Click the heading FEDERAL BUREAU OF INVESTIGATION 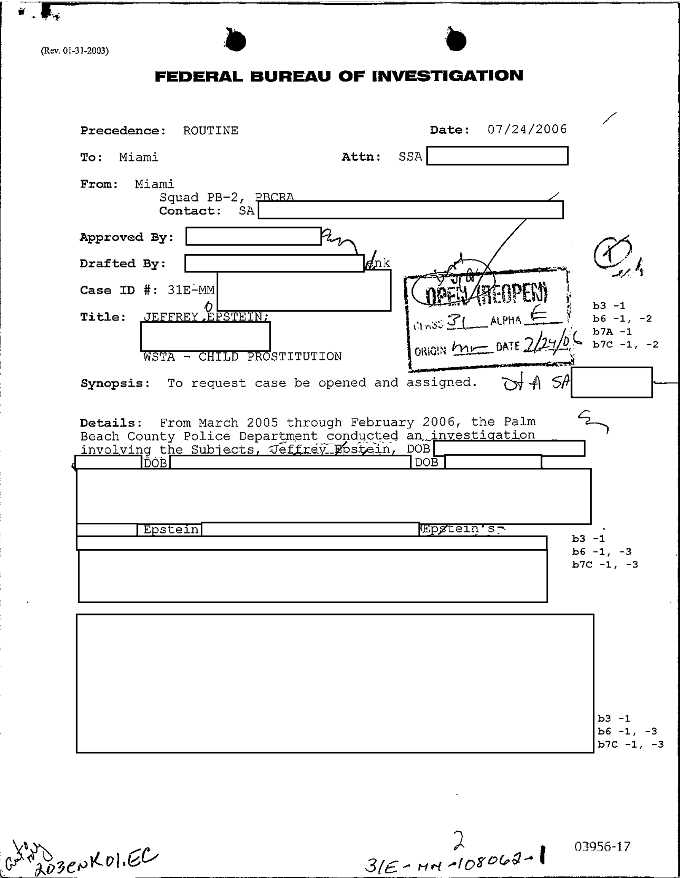[x=339, y=76]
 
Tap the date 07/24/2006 [x=527, y=130]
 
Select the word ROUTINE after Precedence [x=210, y=131]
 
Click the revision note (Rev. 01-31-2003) [x=74, y=51]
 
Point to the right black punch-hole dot [x=456, y=41]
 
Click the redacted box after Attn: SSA [x=497, y=156]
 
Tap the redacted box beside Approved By [x=253, y=236]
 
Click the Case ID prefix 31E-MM [x=191, y=290]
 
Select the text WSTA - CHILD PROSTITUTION [x=242, y=356]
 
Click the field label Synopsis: [x=116, y=383]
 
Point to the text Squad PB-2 [x=199, y=197]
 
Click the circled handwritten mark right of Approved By [x=609, y=254]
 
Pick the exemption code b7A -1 [x=612, y=331]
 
